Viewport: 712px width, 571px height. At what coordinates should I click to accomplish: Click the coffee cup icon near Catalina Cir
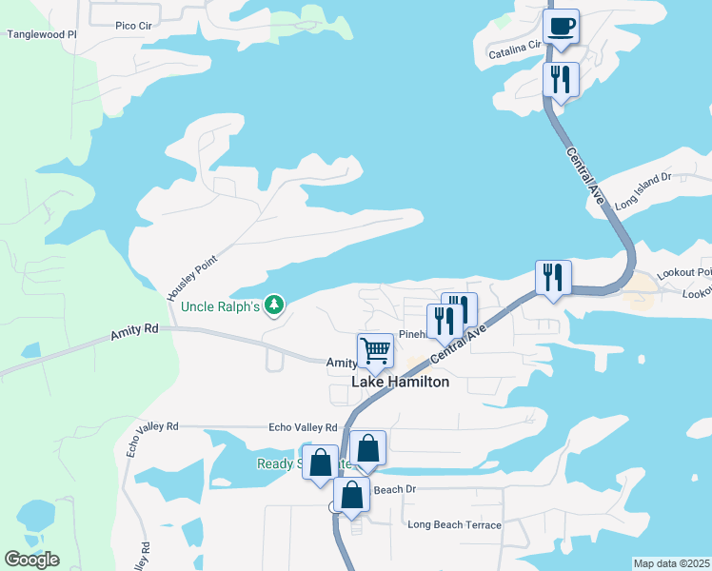tap(562, 28)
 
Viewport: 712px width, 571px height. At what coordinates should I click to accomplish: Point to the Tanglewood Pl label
tap(41, 34)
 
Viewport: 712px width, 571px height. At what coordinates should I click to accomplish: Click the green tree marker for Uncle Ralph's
tap(274, 305)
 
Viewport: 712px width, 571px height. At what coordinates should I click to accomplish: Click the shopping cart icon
tap(376, 350)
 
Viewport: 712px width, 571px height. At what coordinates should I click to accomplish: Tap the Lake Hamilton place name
tap(401, 382)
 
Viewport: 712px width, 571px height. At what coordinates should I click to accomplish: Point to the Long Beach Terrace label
tap(454, 524)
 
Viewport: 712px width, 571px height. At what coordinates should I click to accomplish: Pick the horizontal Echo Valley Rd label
tap(303, 427)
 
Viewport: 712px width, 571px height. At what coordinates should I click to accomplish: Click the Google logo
tap(32, 559)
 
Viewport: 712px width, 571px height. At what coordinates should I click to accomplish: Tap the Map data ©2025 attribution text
tap(671, 563)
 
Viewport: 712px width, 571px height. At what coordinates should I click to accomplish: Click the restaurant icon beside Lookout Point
tap(553, 277)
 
